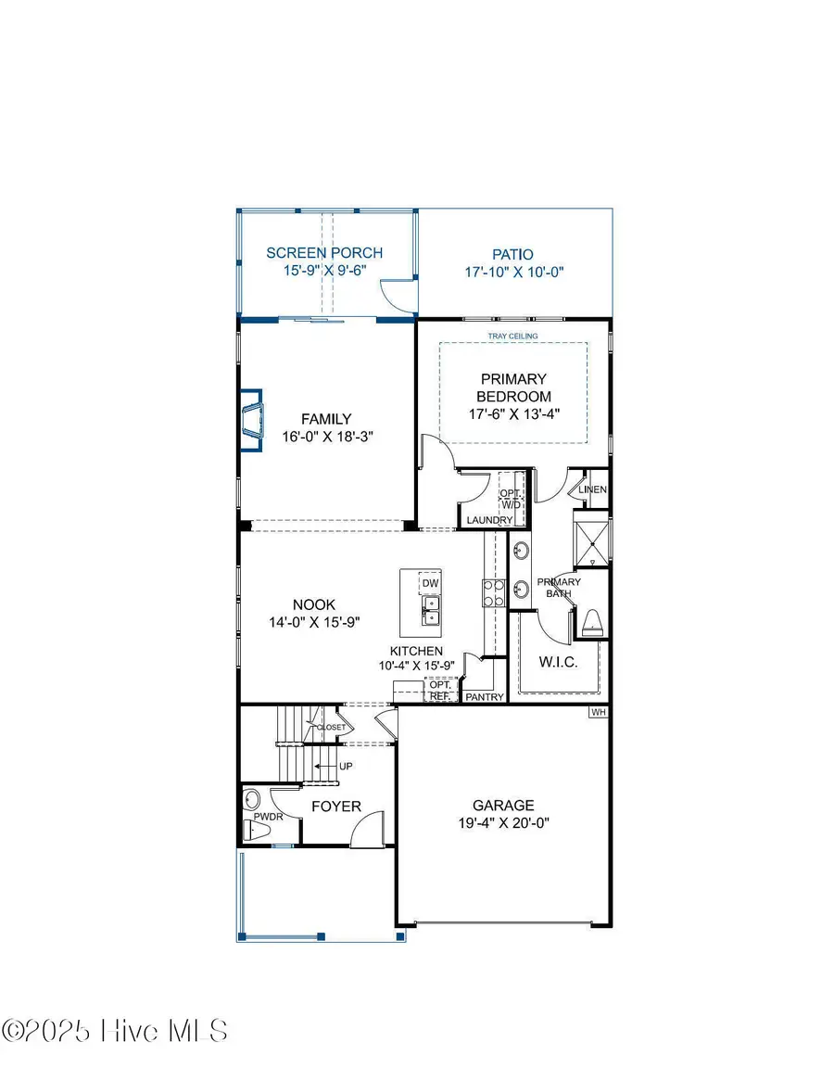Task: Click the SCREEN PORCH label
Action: tap(324, 253)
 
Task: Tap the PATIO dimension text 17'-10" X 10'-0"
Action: tap(514, 273)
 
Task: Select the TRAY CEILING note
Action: tap(512, 336)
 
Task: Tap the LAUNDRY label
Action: tap(489, 521)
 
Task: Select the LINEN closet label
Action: tap(593, 489)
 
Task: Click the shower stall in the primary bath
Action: tap(591, 539)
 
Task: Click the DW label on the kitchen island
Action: tap(429, 583)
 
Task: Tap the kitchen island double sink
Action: tap(431, 610)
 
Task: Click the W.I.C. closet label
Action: tap(558, 662)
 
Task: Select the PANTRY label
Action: tap(485, 696)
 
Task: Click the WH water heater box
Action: tap(599, 713)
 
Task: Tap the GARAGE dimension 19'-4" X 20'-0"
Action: tap(503, 822)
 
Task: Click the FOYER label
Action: tap(335, 807)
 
